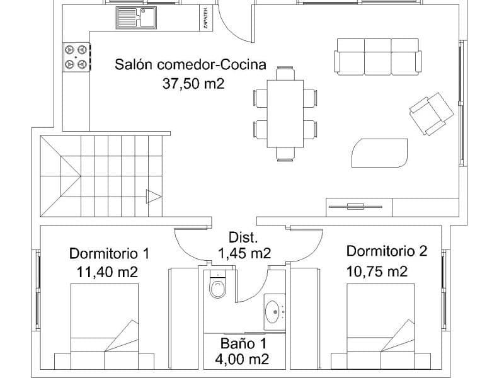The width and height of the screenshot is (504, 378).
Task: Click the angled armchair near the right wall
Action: tap(431, 113)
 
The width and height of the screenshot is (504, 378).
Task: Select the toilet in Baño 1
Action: tap(218, 288)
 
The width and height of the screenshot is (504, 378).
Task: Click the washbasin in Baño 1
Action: tap(274, 311)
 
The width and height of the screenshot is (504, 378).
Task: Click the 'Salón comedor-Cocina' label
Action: tap(190, 64)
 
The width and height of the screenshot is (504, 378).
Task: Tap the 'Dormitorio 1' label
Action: tap(109, 254)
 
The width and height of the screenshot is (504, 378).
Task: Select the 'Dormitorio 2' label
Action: tap(386, 251)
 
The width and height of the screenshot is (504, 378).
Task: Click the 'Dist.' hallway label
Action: tap(243, 238)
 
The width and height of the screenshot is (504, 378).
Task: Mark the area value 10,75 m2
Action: tap(377, 272)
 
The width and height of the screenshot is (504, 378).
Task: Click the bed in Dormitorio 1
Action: tap(104, 328)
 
